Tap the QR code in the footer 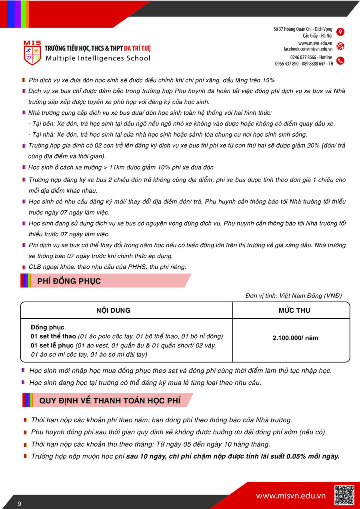click(344, 495)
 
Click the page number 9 click(19, 503)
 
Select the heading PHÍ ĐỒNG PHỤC click(69, 281)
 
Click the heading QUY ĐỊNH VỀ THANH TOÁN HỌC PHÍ click(110, 401)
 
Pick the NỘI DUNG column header click(113, 310)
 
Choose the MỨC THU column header click(294, 310)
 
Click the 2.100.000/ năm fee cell click(295, 338)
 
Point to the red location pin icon click(340, 32)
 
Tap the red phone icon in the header click(340, 61)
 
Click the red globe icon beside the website click(340, 46)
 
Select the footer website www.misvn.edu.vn click(291, 496)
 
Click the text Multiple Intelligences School click(98, 58)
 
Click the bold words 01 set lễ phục click(52, 345)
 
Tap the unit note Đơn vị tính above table click(294, 296)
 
